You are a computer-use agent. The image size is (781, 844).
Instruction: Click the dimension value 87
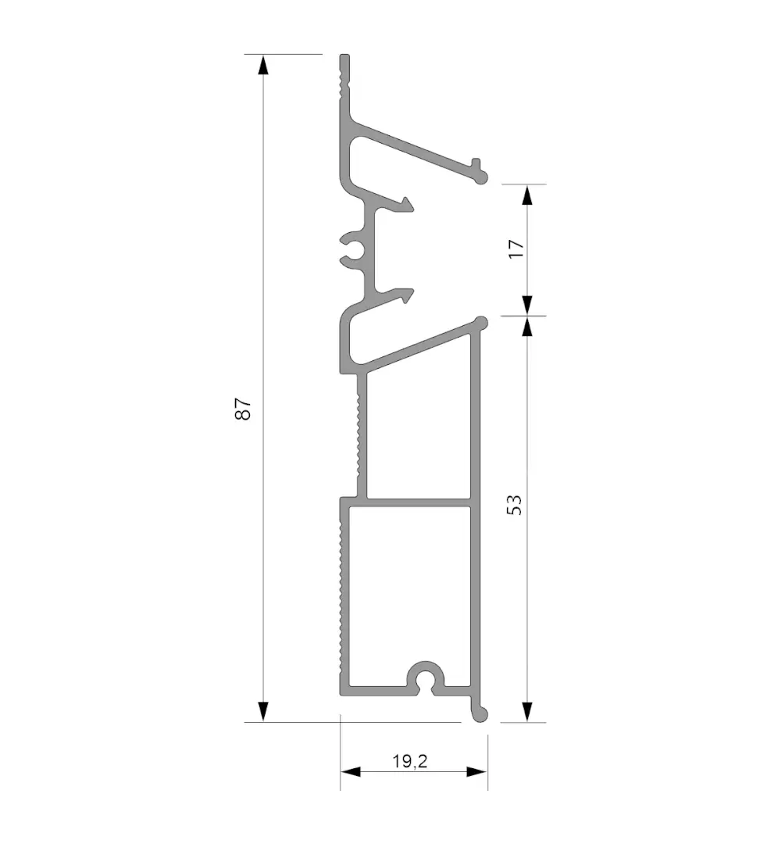pos(243,409)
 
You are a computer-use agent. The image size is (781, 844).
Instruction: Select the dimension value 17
pos(515,249)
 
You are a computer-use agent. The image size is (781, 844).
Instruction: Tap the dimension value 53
pos(514,505)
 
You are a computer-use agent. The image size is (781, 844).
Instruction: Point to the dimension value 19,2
pos(410,761)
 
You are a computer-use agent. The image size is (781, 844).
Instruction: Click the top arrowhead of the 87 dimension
pos(262,65)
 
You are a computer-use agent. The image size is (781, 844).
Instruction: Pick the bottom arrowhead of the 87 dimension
pos(262,712)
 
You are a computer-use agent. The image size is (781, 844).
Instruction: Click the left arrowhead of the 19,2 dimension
pos(351,772)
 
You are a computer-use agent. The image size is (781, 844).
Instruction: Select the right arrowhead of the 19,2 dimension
pos(477,772)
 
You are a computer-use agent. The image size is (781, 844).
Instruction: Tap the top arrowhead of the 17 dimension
pos(527,195)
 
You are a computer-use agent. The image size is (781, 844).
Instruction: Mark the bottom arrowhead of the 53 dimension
pos(527,712)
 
